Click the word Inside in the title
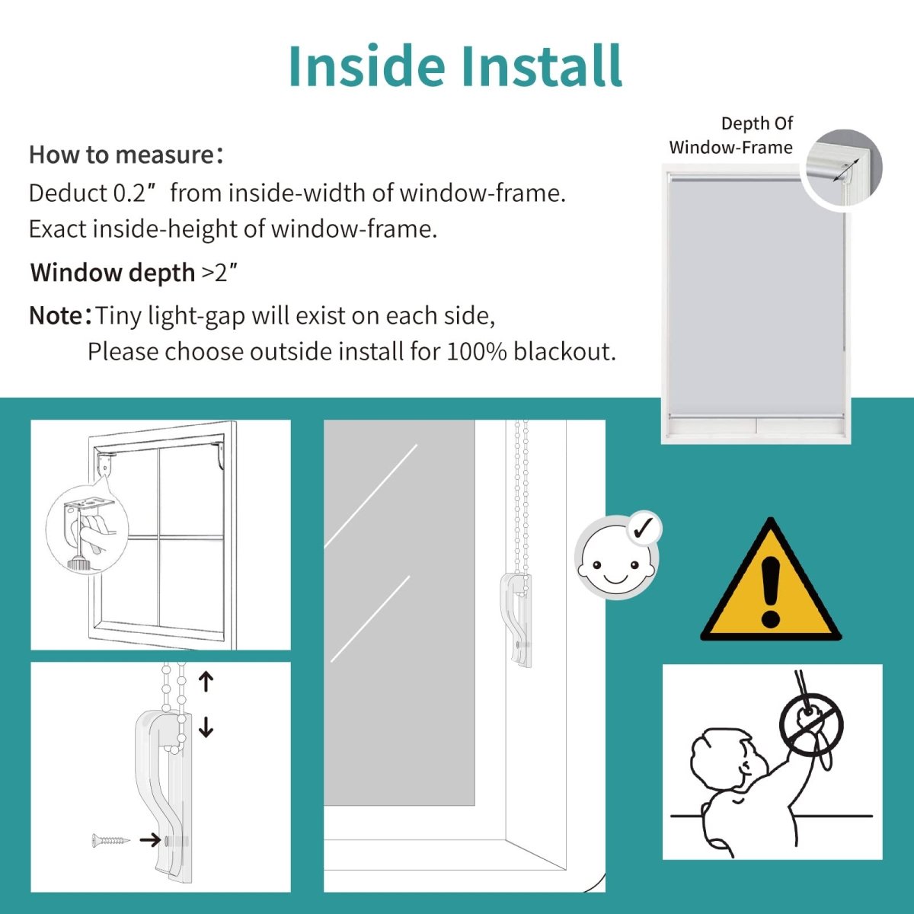(x=366, y=66)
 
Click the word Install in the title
(x=542, y=66)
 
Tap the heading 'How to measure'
(x=122, y=155)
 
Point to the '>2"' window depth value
(x=219, y=272)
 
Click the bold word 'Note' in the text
(x=56, y=315)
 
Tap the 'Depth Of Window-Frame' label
(x=731, y=136)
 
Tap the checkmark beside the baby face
(x=644, y=527)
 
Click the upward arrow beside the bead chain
(x=206, y=681)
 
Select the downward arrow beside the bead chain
(x=206, y=727)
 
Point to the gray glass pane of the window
(x=399, y=609)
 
